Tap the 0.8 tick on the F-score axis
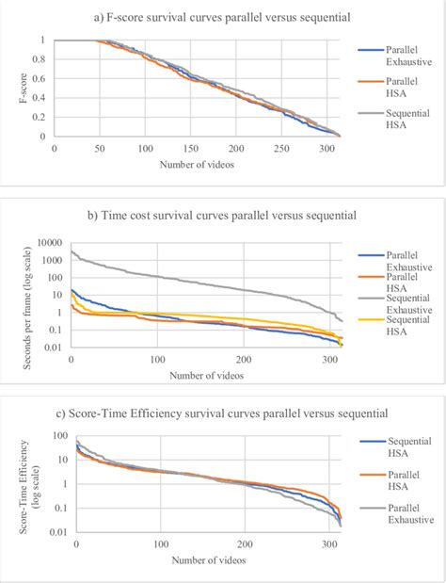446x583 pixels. [x=40, y=58]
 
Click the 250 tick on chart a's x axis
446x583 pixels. [x=283, y=149]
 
